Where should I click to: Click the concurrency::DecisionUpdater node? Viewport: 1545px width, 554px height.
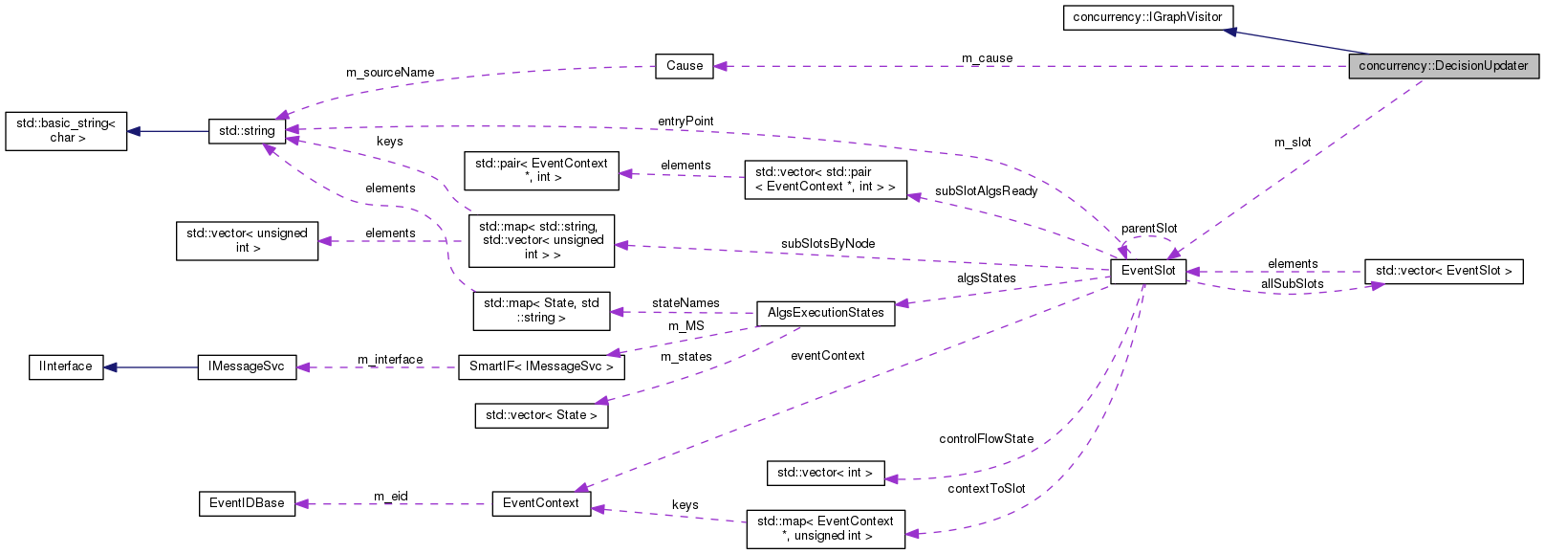tap(1443, 66)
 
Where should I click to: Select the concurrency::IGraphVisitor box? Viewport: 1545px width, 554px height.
tap(1147, 17)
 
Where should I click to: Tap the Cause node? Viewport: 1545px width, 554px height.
tap(685, 66)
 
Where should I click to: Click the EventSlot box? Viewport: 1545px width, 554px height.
tap(1148, 271)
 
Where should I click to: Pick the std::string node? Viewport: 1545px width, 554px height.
tap(247, 131)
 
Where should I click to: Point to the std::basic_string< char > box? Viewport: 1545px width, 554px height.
tap(66, 131)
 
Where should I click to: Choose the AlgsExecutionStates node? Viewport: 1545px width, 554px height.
tap(825, 313)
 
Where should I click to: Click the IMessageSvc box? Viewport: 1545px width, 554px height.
tap(247, 367)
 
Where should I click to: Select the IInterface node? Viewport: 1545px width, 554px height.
tap(66, 367)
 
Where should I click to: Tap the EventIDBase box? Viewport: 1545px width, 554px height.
tap(247, 503)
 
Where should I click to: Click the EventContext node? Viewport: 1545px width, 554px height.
tap(541, 503)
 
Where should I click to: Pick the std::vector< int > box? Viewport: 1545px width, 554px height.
tap(824, 473)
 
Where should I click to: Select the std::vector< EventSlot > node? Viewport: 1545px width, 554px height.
tap(1443, 271)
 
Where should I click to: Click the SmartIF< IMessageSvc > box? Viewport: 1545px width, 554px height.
tap(541, 367)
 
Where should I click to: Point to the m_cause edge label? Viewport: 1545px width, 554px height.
tap(987, 58)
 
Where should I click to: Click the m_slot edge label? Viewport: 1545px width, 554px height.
tap(1293, 143)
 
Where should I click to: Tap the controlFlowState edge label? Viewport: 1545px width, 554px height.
tap(986, 439)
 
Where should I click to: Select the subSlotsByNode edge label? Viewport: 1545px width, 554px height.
tap(827, 244)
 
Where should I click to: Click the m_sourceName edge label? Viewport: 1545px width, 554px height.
tap(390, 73)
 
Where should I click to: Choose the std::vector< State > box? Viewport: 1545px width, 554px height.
tap(541, 415)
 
